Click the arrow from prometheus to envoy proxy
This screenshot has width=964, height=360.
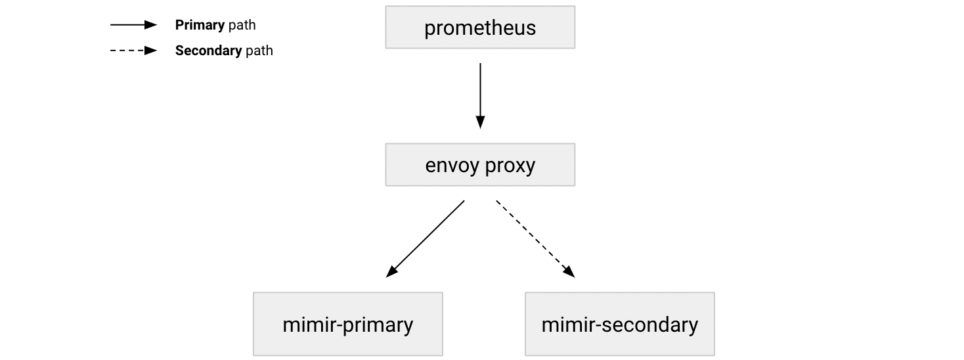480,92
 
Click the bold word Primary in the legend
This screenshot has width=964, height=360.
200,26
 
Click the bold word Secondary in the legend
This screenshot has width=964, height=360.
208,51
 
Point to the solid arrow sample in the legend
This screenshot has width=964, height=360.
133,25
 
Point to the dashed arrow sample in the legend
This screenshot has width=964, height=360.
133,51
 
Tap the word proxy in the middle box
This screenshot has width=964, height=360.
510,166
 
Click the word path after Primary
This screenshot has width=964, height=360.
242,26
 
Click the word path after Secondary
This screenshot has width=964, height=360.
259,51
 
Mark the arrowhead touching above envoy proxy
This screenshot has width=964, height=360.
480,122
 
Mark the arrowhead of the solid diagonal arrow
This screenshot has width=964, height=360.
391,272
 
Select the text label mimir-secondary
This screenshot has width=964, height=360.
619,325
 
